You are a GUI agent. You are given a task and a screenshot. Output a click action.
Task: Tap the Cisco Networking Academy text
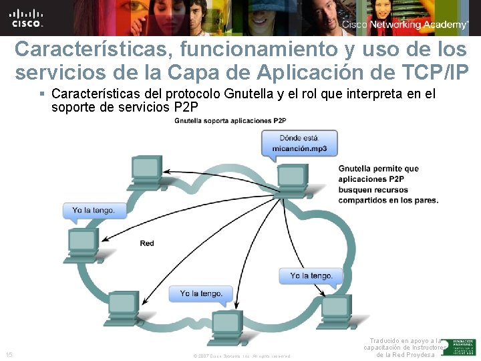coord(405,25)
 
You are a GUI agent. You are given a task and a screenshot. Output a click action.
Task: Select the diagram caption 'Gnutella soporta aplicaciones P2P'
coord(230,120)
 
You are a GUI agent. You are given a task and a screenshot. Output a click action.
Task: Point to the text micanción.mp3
coord(299,148)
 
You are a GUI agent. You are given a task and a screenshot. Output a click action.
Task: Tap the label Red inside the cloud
coord(146,243)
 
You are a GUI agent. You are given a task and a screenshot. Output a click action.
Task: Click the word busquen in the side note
coord(360,189)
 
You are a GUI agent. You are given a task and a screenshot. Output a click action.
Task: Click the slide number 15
coord(9,354)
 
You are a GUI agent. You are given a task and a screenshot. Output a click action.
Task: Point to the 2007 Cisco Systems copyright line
coord(242,356)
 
